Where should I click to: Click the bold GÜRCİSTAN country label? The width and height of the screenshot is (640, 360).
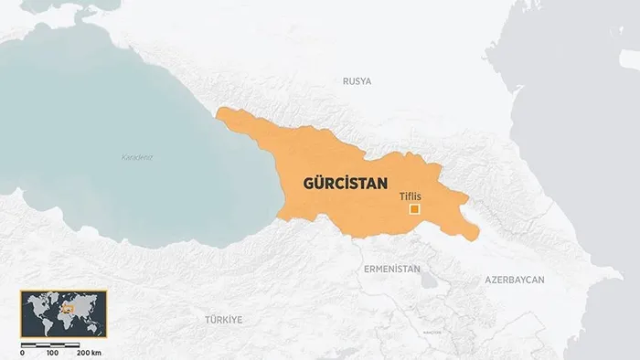345,183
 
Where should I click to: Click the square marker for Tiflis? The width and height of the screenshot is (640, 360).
414,209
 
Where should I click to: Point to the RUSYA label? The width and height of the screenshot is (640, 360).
357,81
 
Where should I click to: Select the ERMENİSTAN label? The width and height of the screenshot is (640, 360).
391,270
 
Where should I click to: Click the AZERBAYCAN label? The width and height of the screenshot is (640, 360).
515,279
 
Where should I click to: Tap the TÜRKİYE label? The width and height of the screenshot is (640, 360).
223,319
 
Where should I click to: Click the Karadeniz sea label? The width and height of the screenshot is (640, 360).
137,157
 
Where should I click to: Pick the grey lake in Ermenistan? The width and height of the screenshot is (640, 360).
427,280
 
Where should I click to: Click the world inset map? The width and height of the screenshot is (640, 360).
63,314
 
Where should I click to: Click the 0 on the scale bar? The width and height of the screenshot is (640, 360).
22,353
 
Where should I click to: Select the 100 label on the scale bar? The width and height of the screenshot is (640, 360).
52,353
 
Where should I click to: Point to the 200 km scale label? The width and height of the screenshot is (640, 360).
89,353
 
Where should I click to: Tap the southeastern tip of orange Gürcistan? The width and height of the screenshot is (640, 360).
475,238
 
